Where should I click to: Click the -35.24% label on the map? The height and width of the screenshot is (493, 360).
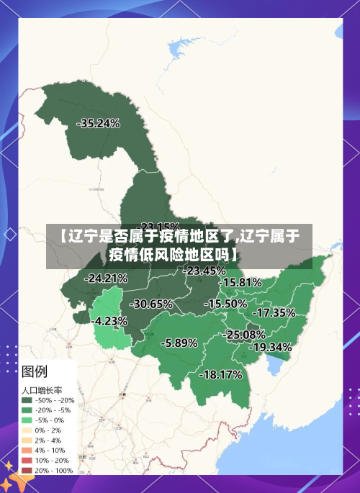point(98,123)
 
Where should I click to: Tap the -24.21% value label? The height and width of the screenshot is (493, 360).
point(106,278)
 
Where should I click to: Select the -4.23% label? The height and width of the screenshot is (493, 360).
point(111,321)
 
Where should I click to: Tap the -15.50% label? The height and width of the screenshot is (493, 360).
point(225,304)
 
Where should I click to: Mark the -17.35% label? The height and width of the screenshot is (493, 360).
point(274,312)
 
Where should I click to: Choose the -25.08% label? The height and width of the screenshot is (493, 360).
point(244,335)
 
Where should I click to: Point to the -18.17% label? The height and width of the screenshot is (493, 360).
point(220,374)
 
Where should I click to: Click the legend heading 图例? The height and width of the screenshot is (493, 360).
point(35,371)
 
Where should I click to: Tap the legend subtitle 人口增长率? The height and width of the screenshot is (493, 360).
point(42,389)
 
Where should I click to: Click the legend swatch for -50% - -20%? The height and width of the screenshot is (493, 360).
point(27,400)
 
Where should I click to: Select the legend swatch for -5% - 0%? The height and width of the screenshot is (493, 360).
point(27,420)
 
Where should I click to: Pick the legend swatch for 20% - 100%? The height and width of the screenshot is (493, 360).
point(27,469)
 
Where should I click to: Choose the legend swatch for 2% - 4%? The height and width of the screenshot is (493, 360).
point(27,440)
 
